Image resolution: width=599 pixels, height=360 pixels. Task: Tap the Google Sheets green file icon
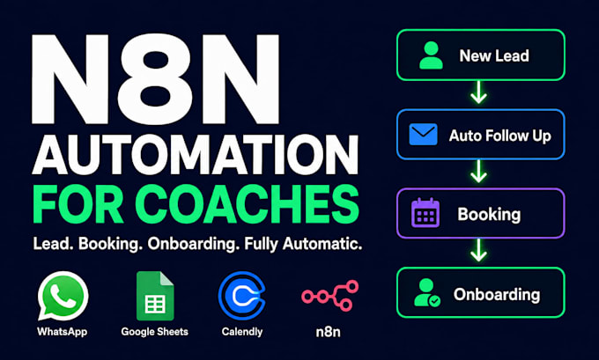click(155, 296)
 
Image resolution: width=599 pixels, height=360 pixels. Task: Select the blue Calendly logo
click(242, 296)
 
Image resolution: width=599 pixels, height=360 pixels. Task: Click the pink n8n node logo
click(329, 295)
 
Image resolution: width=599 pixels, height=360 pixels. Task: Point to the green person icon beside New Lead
click(431, 55)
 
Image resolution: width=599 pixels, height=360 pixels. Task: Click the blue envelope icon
click(424, 135)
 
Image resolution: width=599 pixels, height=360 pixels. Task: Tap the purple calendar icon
click(425, 213)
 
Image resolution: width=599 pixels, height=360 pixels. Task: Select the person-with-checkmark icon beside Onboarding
click(427, 292)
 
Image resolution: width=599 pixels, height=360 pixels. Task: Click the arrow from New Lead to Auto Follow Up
click(478, 92)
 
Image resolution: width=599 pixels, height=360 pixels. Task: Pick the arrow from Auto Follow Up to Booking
click(478, 171)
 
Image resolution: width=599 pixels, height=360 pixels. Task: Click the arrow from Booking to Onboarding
click(478, 250)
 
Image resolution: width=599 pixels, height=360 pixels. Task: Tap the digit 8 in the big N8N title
click(154, 79)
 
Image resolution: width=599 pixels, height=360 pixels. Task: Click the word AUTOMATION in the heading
click(196, 154)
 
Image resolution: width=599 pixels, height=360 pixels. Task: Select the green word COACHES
click(248, 204)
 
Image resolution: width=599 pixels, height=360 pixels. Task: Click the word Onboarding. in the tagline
click(192, 244)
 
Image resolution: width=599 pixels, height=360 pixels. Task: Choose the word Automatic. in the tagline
click(322, 244)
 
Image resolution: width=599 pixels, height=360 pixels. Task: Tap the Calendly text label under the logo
click(242, 332)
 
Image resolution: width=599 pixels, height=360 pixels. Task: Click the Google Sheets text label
click(155, 332)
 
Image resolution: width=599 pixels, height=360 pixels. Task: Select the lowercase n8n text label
click(329, 332)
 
